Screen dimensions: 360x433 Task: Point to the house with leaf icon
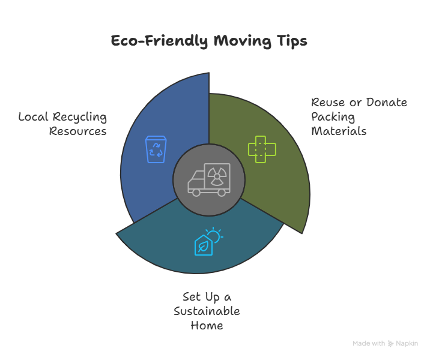click(204, 245)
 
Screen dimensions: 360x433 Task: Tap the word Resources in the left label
click(78, 131)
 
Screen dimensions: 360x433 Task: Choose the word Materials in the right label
click(339, 131)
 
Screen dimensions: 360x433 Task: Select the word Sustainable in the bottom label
click(207, 311)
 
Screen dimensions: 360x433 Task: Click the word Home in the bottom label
click(207, 326)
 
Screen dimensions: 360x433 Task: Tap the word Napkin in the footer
click(407, 343)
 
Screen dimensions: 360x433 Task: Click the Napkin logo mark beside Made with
click(391, 343)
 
